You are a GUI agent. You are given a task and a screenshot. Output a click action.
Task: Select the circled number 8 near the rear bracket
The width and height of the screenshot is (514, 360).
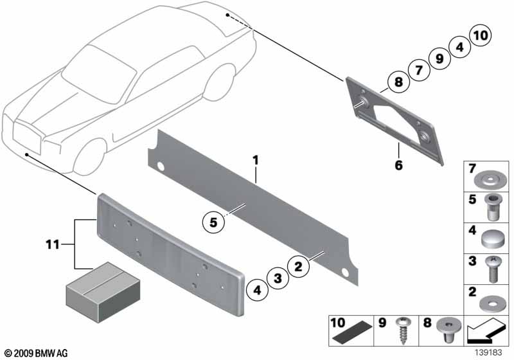[x=398, y=82]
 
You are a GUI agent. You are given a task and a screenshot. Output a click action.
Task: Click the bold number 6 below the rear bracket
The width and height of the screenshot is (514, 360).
[x=398, y=165]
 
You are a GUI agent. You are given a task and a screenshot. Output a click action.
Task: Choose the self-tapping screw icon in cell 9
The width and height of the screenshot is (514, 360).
[x=405, y=332]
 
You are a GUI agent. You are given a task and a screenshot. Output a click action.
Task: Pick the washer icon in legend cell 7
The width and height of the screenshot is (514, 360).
[x=493, y=175]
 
